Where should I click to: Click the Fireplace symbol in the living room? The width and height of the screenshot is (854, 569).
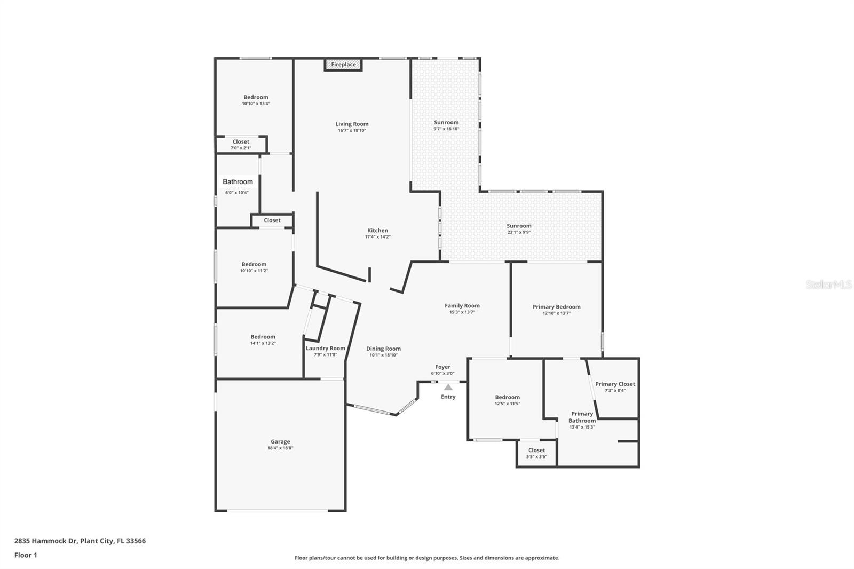pyautogui.click(x=343, y=65)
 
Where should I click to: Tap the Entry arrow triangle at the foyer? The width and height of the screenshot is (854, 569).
pyautogui.click(x=448, y=388)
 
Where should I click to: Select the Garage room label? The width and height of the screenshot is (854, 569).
pyautogui.click(x=280, y=441)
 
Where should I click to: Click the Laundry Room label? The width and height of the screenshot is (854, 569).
pyautogui.click(x=326, y=348)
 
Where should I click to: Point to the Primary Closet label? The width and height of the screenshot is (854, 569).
pyautogui.click(x=615, y=384)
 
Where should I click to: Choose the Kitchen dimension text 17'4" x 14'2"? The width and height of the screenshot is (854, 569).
pyautogui.click(x=378, y=237)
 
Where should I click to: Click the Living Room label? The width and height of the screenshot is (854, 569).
pyautogui.click(x=352, y=124)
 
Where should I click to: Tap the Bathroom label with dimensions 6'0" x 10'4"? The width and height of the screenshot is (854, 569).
pyautogui.click(x=238, y=182)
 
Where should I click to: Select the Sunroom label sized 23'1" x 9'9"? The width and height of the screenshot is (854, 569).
pyautogui.click(x=519, y=226)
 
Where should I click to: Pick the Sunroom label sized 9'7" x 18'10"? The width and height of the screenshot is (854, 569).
pyautogui.click(x=446, y=122)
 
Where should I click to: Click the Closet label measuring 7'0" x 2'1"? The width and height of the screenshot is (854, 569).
pyautogui.click(x=241, y=142)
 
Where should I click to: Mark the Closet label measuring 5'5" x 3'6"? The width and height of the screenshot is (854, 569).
pyautogui.click(x=536, y=450)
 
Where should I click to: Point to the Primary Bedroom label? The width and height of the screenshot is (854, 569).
pyautogui.click(x=556, y=307)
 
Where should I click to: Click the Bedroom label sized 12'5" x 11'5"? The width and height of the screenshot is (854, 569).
pyautogui.click(x=507, y=397)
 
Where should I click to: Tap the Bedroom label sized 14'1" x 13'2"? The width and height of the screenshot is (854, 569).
pyautogui.click(x=263, y=337)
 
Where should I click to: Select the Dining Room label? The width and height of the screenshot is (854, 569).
pyautogui.click(x=383, y=349)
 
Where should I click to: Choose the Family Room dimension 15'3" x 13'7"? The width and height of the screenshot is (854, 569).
pyautogui.click(x=462, y=312)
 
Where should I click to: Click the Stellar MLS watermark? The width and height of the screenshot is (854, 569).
pyautogui.click(x=829, y=285)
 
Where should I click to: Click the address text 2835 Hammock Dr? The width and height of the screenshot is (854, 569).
pyautogui.click(x=46, y=541)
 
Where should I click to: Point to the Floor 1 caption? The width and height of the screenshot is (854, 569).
pyautogui.click(x=26, y=555)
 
